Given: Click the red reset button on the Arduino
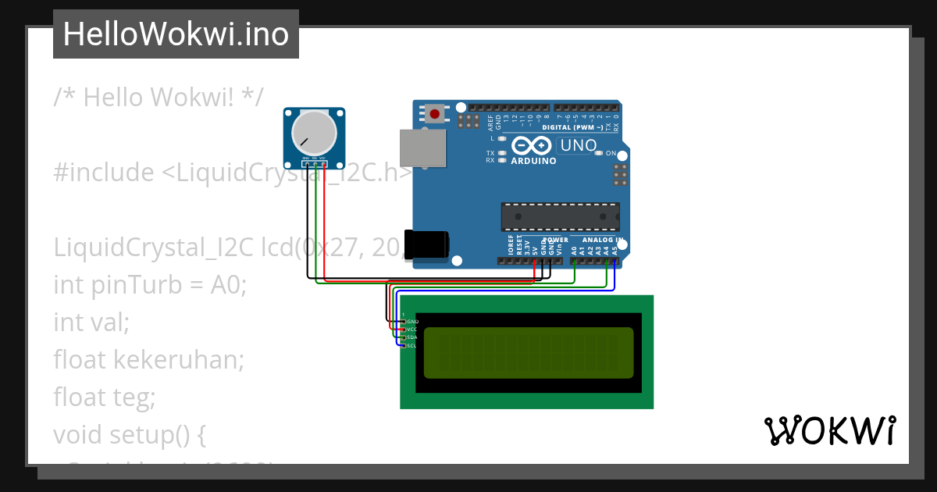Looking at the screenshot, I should pos(434,114).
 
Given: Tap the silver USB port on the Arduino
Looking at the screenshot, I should pos(422,148).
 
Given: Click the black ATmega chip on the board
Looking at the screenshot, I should pos(560,217).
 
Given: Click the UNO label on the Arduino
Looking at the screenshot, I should pos(579,145).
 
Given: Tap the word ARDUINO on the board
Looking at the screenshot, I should pos(533,161).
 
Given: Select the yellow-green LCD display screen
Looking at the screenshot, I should pos(529,353).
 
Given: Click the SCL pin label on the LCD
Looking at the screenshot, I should pos(411,345).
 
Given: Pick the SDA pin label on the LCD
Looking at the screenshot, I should pos(411,337).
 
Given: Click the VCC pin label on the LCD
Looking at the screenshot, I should pos(411,330).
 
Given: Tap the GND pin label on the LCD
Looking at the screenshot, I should pos(412,322).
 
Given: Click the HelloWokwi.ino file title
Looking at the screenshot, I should pos(176,34).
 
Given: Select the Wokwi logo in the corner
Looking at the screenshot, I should pos(829,430).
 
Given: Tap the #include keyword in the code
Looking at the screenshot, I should pos(104,173).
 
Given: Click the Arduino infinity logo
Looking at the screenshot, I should pos(533,146).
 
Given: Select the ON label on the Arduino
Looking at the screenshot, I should pos(611,153).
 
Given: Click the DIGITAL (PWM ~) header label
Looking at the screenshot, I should pos(572,127).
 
